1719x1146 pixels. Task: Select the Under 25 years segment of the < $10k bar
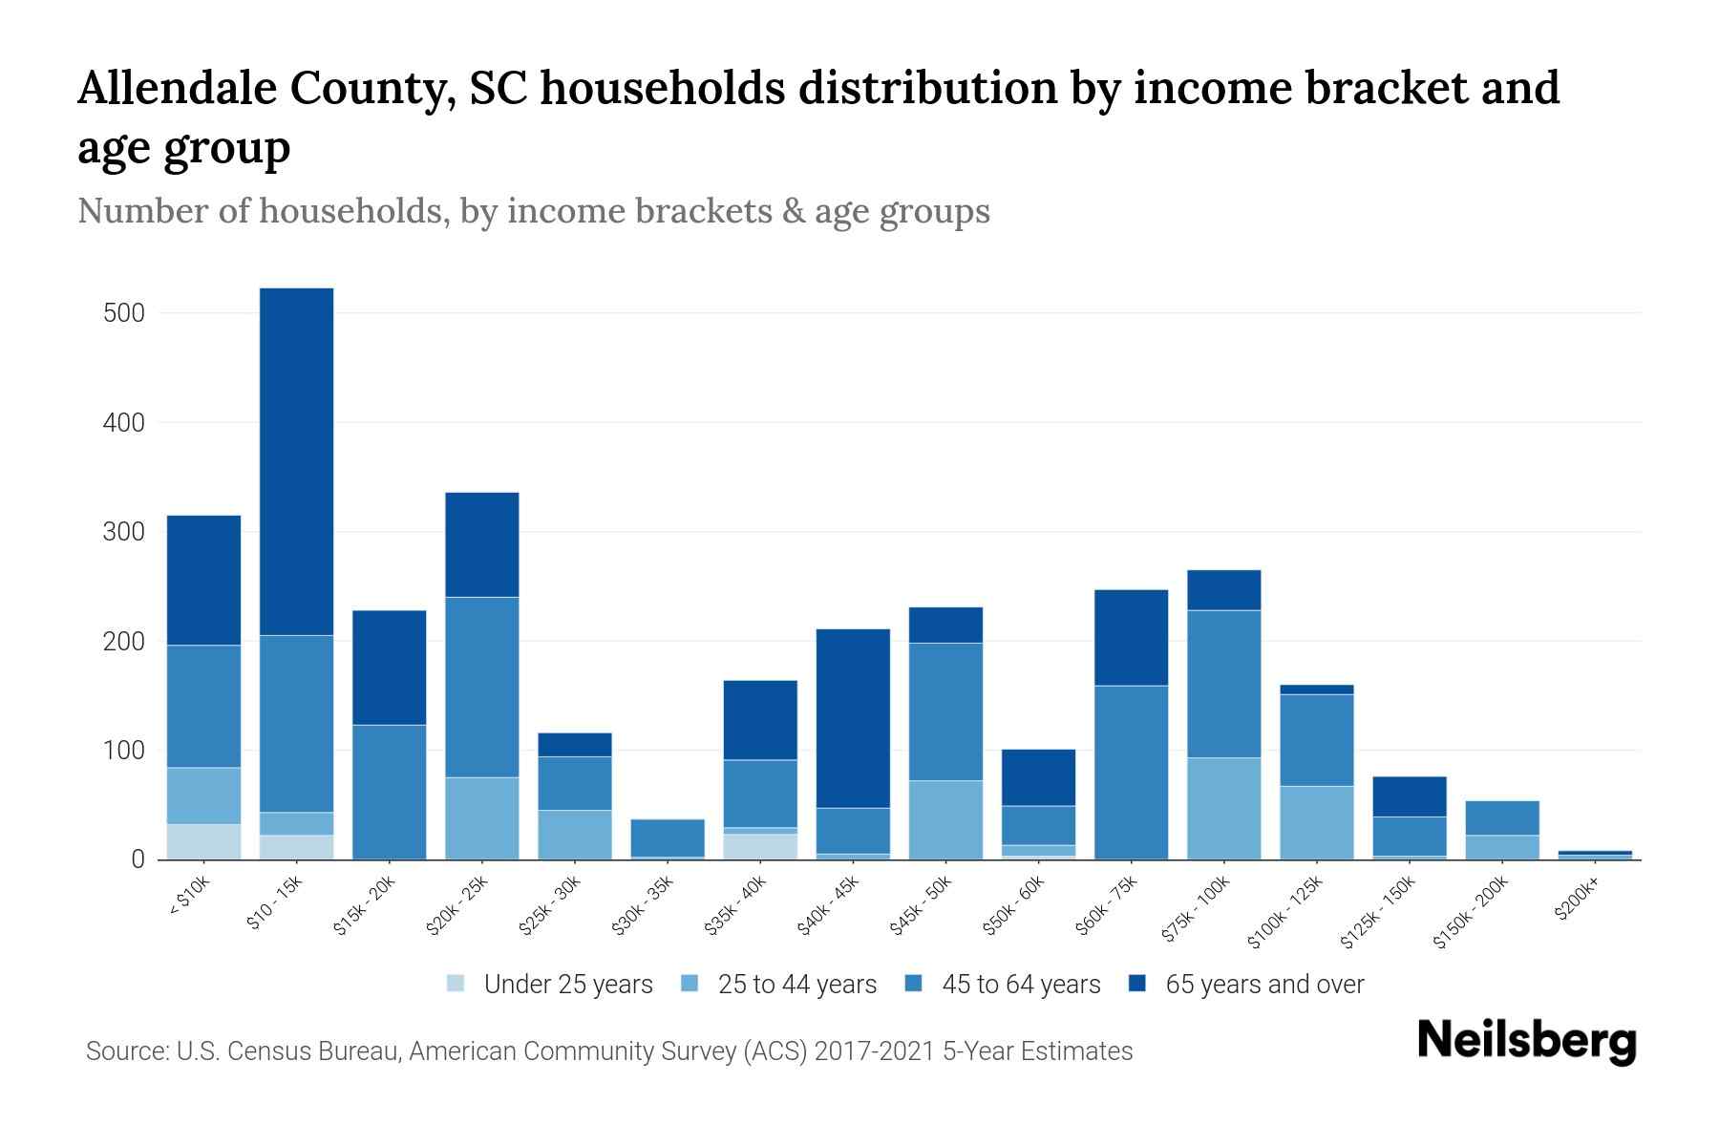(203, 841)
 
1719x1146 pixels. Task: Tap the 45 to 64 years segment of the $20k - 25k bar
(482, 687)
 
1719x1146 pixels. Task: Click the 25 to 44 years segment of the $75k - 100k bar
(1223, 808)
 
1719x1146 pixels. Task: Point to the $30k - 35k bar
(668, 838)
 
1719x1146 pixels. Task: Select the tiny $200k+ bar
(1594, 855)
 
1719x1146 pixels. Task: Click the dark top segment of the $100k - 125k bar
(1316, 690)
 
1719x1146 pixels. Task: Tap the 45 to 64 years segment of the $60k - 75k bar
(1131, 772)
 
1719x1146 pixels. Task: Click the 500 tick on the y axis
(123, 313)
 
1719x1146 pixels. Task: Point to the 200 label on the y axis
(123, 642)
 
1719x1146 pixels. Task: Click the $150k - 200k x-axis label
(1471, 912)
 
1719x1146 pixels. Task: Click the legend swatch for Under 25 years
(456, 983)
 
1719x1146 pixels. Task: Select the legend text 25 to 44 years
(796, 984)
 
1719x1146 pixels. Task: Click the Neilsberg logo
(1526, 1040)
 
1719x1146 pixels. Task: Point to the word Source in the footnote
(126, 1051)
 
